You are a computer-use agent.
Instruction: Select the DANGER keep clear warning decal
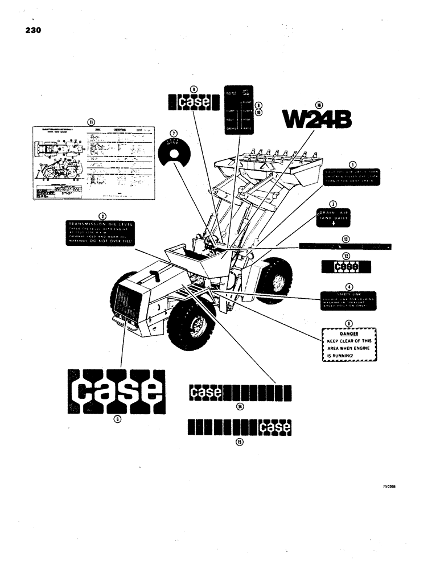coord(350,345)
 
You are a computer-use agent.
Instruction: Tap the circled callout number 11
coord(90,121)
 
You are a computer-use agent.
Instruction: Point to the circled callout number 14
coord(240,406)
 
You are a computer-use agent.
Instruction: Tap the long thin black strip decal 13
coord(346,246)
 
